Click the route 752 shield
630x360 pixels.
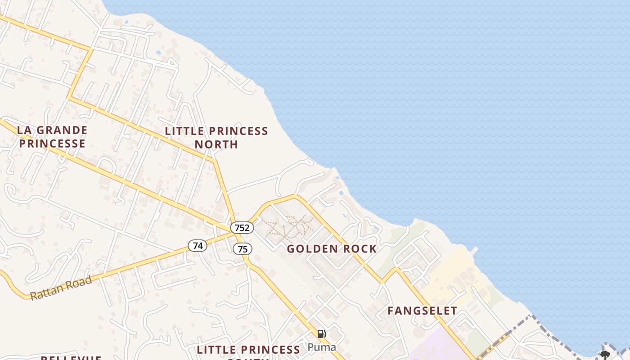[x=242, y=227]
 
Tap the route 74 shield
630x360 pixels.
[x=198, y=246]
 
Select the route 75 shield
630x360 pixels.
[x=243, y=249]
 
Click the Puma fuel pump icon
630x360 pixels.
[x=322, y=334]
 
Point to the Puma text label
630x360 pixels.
[x=322, y=347]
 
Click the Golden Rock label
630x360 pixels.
[x=332, y=249]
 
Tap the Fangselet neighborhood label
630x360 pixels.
[x=422, y=310]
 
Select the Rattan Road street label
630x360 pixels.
[x=61, y=288]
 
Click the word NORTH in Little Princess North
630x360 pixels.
[x=216, y=144]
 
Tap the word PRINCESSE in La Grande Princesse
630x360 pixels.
[x=52, y=144]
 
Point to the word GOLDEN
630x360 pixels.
[x=312, y=249]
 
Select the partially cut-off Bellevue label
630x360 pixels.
[x=71, y=358]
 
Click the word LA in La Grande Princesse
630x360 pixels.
[x=25, y=130]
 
